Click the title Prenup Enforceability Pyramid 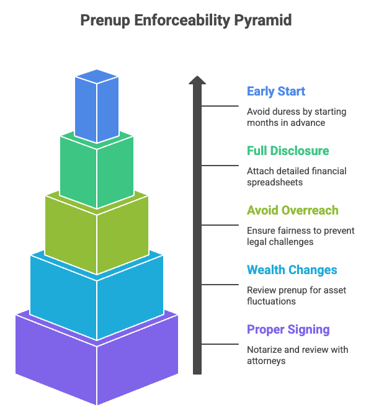(x=185, y=20)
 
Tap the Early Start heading (x=275, y=92)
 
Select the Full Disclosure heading (x=288, y=151)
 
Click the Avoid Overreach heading (x=293, y=210)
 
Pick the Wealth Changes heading (x=292, y=270)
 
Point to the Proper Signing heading (x=288, y=329)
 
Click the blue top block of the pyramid (x=96, y=105)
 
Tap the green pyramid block (x=96, y=171)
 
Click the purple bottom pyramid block (x=96, y=360)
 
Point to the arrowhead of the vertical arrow (x=197, y=81)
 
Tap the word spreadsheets (x=274, y=182)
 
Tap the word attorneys (x=266, y=360)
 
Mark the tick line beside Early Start (x=220, y=106)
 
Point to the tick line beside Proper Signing (x=220, y=344)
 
